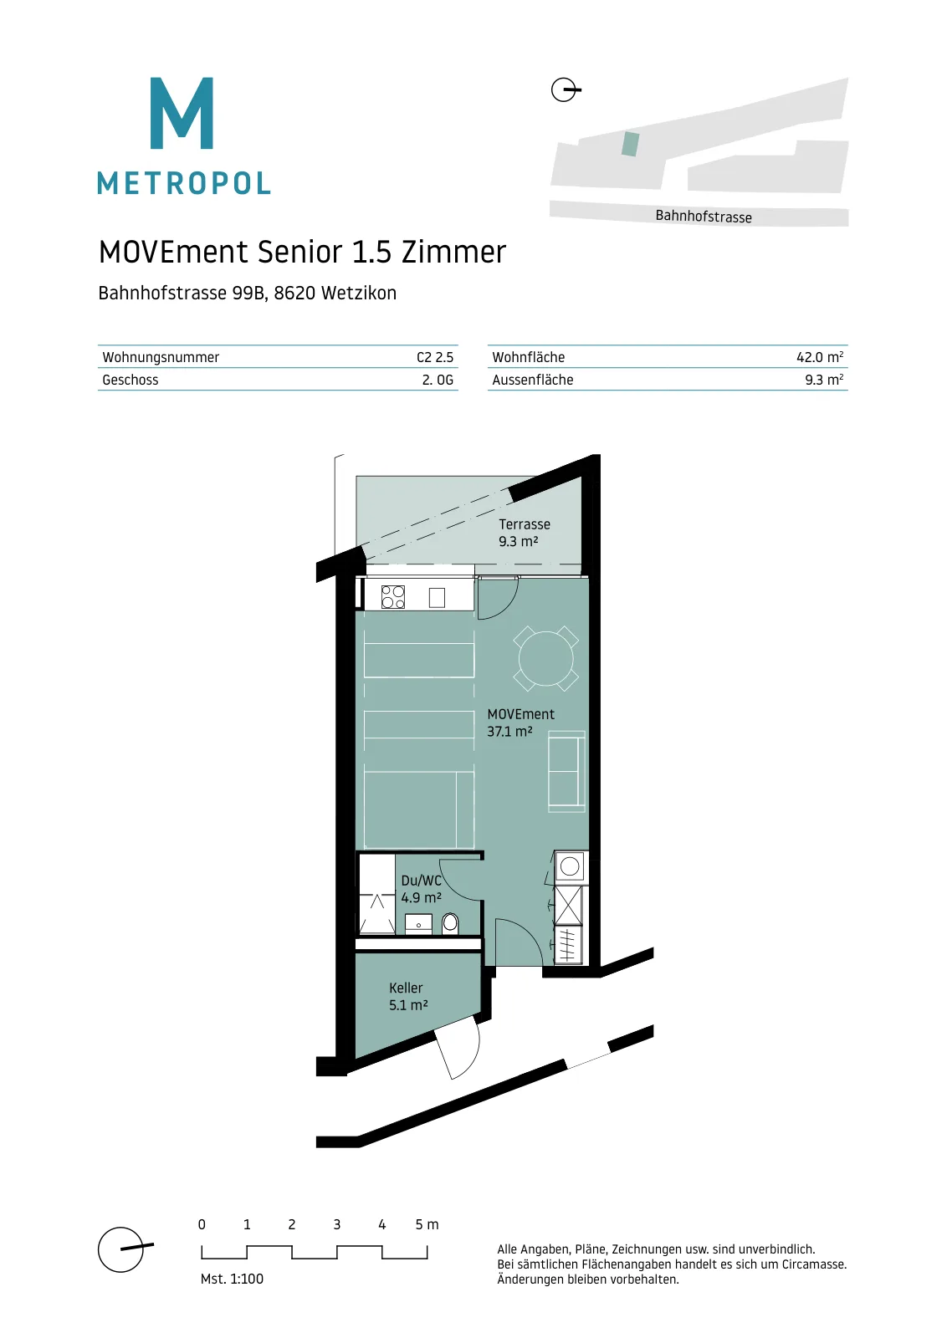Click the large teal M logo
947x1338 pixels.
pos(182,113)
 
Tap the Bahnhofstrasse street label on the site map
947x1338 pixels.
pos(704,217)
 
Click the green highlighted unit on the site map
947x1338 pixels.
pos(630,144)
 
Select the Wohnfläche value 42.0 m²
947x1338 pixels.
pos(820,357)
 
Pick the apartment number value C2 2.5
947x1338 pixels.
pos(435,357)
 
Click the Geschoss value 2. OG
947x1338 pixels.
pos(438,380)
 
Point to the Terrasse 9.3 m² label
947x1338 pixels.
pos(524,532)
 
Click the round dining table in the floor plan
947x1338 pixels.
pos(546,658)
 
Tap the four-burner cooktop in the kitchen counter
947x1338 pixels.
pos(393,597)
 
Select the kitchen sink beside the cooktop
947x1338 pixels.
pos(437,597)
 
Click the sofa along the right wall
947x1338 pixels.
pos(566,771)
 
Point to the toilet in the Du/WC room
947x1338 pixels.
pos(450,923)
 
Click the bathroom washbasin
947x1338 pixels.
pos(419,924)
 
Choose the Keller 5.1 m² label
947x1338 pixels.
pos(408,996)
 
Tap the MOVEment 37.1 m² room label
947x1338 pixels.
pos(520,723)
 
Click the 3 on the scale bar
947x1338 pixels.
pos(337,1224)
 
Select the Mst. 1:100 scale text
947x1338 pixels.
pos(232,1279)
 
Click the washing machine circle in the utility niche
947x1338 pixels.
pos(570,866)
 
